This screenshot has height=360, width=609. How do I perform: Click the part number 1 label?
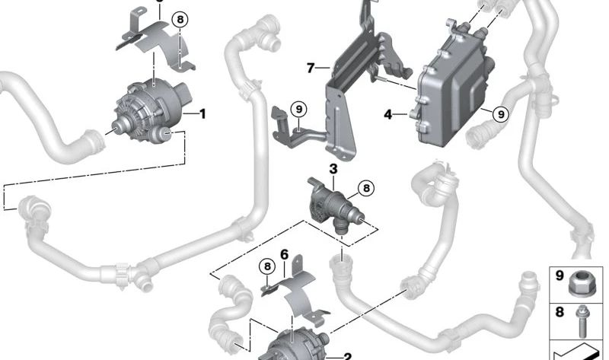click(x=202, y=115)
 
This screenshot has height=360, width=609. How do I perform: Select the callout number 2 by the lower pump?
click(x=347, y=355)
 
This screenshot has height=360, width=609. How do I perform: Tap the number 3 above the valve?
click(x=333, y=167)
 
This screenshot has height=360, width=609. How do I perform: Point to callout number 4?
click(x=387, y=115)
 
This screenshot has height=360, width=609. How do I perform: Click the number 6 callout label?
click(x=284, y=253)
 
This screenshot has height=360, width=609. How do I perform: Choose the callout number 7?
click(x=311, y=68)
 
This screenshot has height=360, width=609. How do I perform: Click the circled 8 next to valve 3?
click(x=365, y=186)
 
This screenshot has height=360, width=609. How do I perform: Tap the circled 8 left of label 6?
click(x=266, y=266)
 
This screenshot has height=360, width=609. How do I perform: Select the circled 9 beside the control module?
click(x=499, y=114)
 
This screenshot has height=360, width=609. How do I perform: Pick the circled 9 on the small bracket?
click(x=298, y=110)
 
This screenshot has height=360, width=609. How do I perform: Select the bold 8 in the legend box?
click(x=560, y=311)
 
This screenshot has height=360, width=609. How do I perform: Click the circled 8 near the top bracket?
click(x=179, y=21)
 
